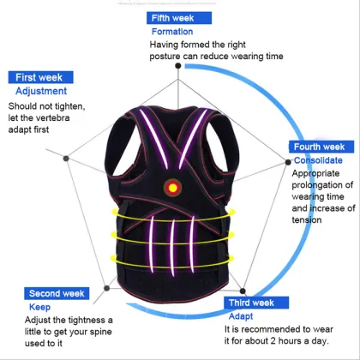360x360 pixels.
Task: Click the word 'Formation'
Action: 172,32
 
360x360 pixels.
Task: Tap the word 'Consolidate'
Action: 318,160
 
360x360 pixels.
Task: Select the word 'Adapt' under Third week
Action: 239,315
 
